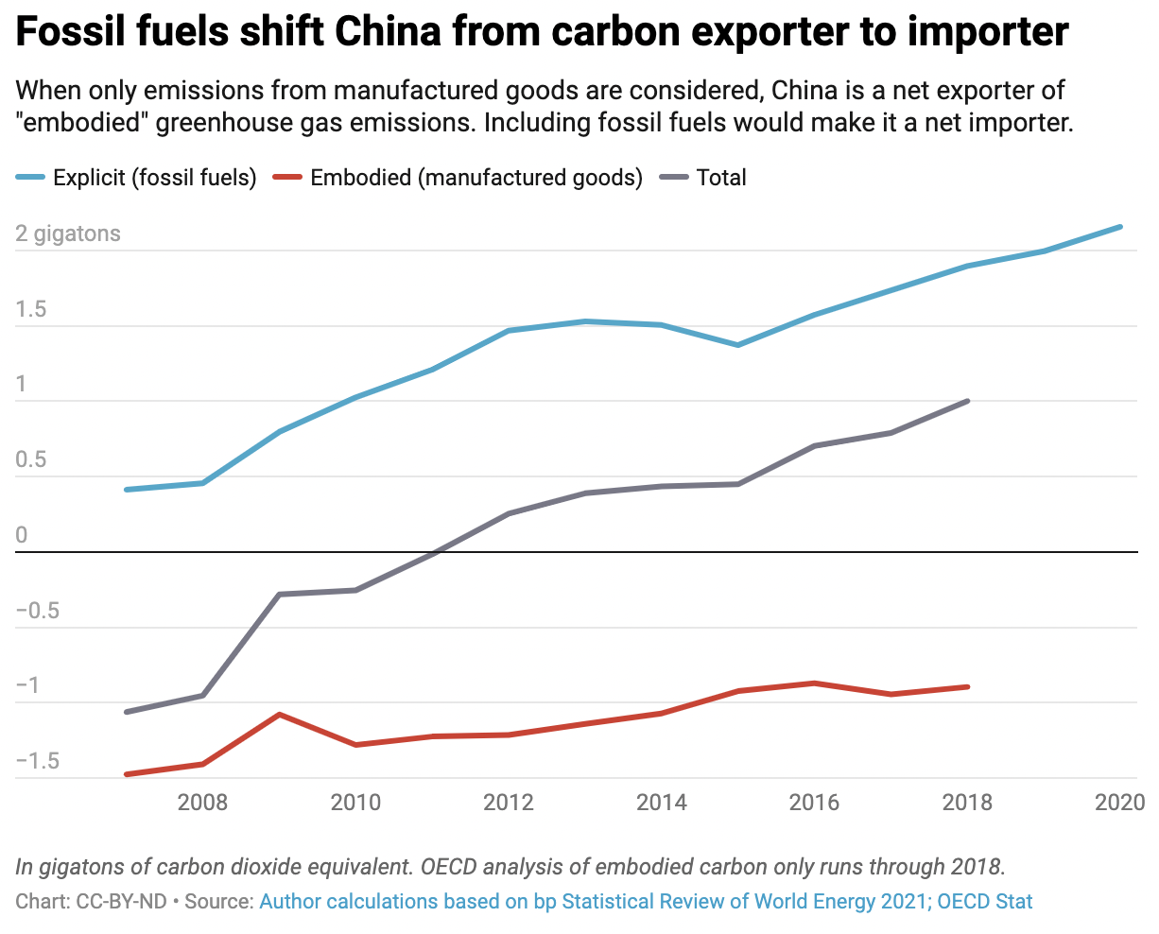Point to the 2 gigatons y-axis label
click(68, 233)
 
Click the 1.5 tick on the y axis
click(31, 310)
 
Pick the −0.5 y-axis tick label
click(38, 611)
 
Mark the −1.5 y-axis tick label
click(38, 762)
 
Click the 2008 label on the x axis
click(202, 803)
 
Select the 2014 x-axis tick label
click(662, 803)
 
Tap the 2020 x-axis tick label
click(1119, 803)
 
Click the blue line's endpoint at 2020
click(1120, 227)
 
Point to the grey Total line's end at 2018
click(967, 401)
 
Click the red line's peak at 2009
click(280, 715)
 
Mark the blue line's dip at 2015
click(737, 345)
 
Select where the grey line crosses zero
click(436, 552)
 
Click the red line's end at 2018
click(967, 686)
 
